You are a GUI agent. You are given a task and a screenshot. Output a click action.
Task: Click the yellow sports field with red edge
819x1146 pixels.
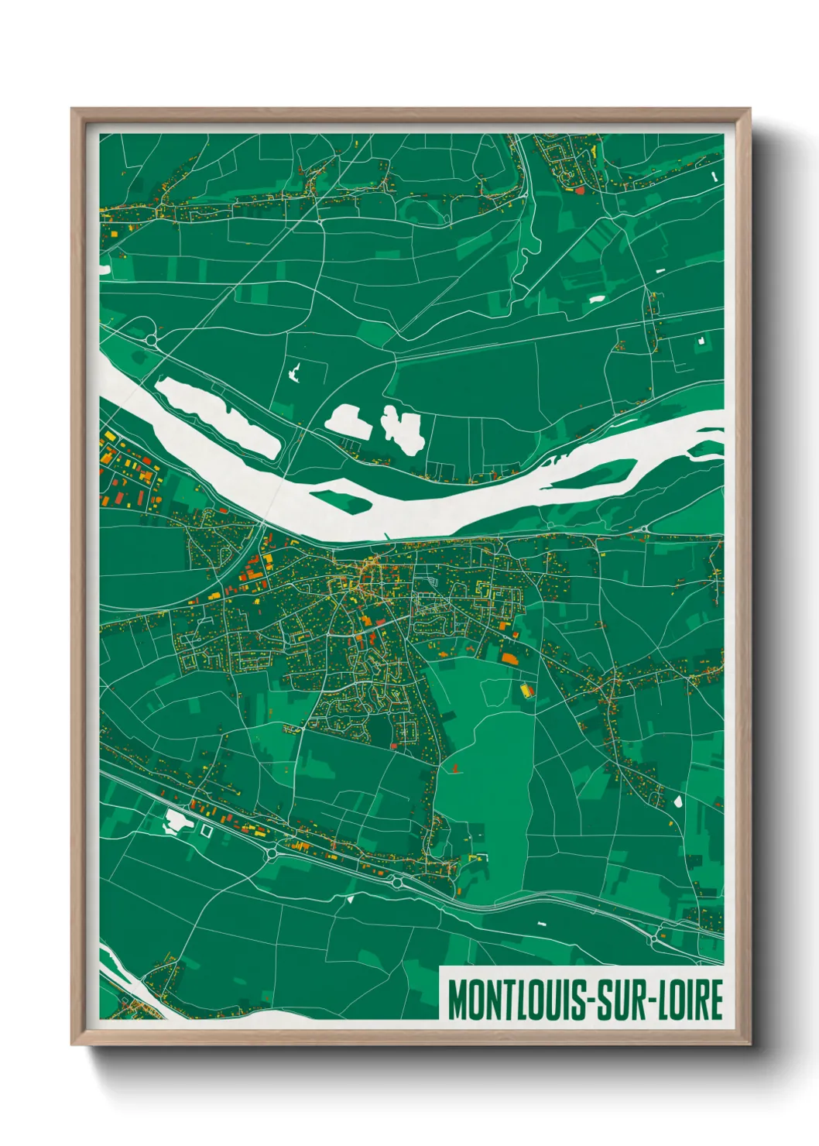click(526, 689)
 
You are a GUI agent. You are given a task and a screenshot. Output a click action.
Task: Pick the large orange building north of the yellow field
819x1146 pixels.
click(509, 659)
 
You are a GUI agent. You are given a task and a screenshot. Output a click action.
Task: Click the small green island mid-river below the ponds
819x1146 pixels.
click(342, 499)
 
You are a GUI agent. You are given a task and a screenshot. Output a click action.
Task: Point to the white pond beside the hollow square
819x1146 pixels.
click(177, 822)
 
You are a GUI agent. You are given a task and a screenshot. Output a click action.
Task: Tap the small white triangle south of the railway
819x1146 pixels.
click(350, 899)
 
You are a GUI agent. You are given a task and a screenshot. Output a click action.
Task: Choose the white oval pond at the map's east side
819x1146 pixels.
click(679, 801)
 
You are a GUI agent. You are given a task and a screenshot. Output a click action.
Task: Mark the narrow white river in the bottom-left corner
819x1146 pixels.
click(128, 977)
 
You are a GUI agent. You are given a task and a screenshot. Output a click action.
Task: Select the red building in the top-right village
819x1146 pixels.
click(579, 187)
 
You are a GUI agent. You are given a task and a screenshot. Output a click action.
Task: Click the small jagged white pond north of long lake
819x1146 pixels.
click(295, 372)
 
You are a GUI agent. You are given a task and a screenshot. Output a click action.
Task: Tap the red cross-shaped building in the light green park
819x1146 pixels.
click(454, 768)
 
